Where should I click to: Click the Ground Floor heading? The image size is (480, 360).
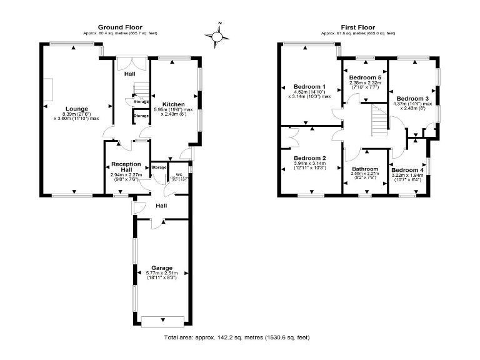point(120,27)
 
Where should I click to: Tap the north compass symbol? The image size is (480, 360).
point(217,37)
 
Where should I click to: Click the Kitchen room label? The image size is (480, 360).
point(173,104)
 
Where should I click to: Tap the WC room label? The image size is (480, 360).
point(179,174)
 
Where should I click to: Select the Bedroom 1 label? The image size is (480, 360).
point(310,86)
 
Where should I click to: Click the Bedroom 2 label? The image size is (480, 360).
point(310,158)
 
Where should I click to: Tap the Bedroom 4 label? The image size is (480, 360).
point(407,170)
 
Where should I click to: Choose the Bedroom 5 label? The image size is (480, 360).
point(365,77)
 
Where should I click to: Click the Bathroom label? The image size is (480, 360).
point(364,169)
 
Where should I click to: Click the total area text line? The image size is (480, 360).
point(237,337)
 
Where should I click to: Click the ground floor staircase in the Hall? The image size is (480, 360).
point(142,90)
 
